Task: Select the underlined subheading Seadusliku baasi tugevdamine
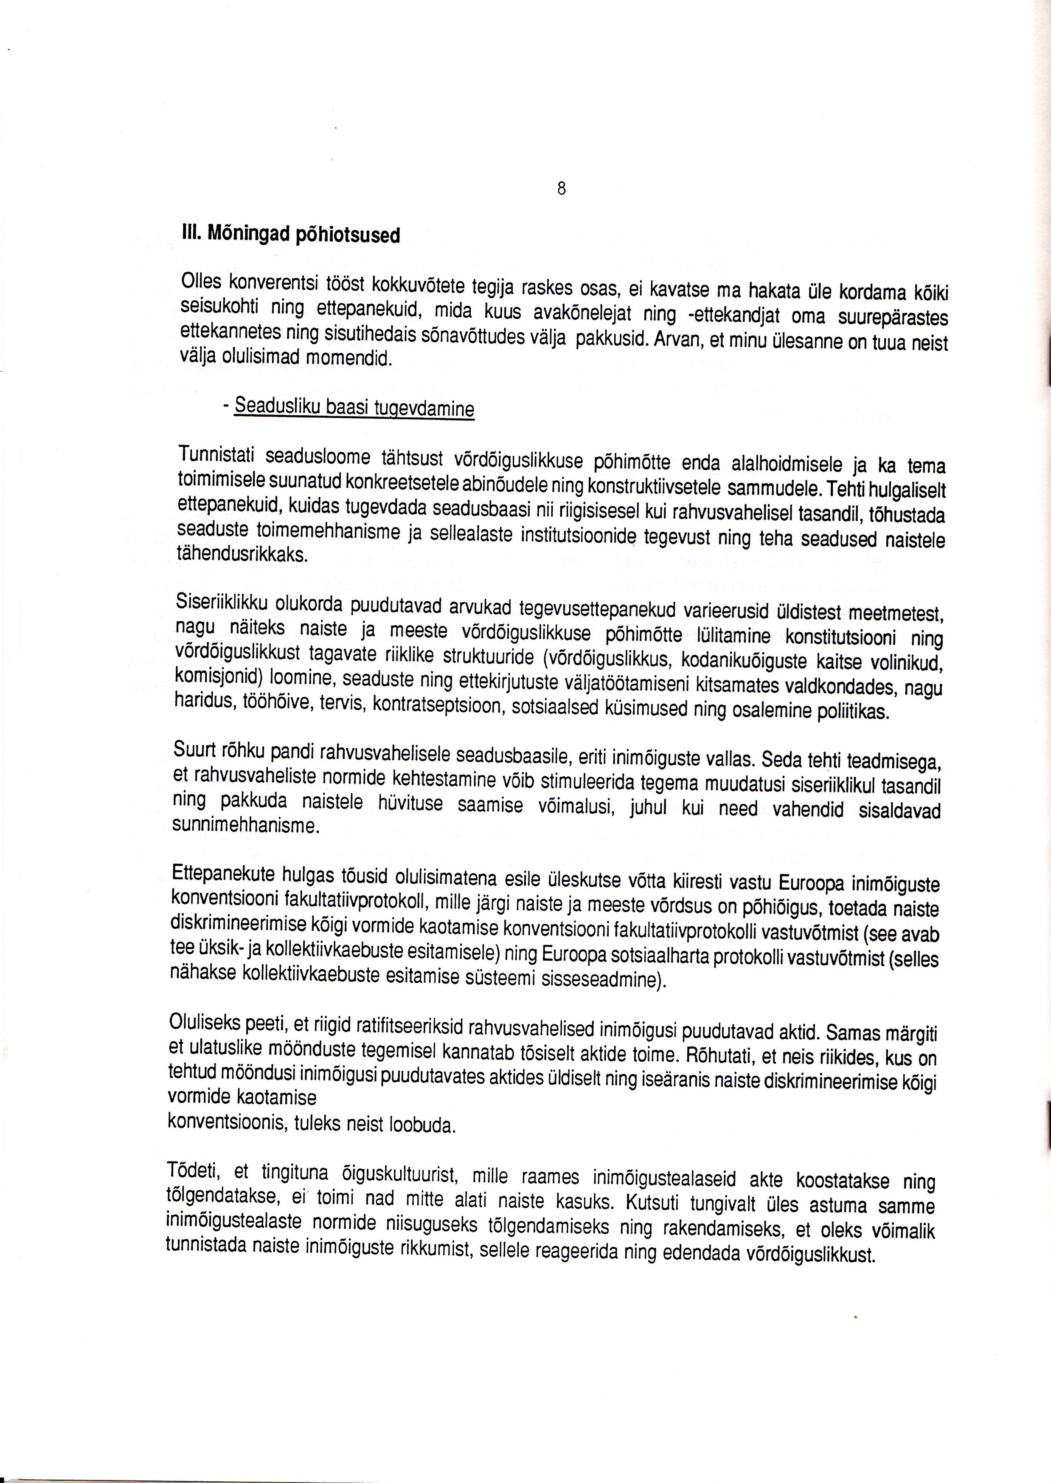pos(354,407)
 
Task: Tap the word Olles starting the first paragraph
pos(202,282)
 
